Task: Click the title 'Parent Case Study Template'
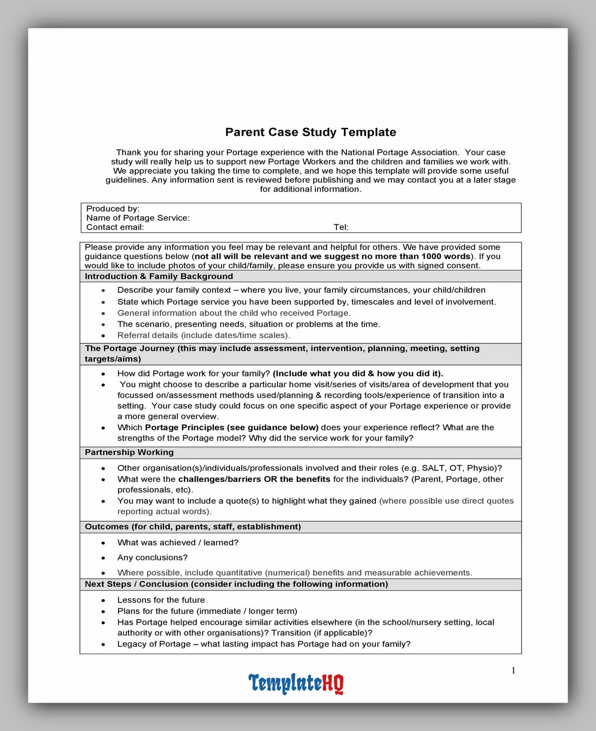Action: coord(311,132)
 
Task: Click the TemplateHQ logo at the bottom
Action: coord(296,683)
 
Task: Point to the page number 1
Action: coord(513,670)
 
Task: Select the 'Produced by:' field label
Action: coord(113,209)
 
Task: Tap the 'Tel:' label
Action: coord(341,227)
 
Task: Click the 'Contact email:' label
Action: coord(115,227)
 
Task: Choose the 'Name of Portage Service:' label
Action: coord(138,218)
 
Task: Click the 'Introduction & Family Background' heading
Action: coord(158,276)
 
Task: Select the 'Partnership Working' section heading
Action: coord(129,452)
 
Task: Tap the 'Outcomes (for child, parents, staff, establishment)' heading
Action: coord(193,527)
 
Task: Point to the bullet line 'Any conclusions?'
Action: coord(152,558)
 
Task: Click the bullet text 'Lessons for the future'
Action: coord(161,600)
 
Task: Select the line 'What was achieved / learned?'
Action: coord(178,542)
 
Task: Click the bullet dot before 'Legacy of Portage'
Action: coord(103,645)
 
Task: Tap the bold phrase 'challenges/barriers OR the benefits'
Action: coord(254,479)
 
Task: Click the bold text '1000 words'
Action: coord(445,256)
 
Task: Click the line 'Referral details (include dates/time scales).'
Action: coord(204,335)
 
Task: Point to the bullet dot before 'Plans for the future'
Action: coord(103,611)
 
